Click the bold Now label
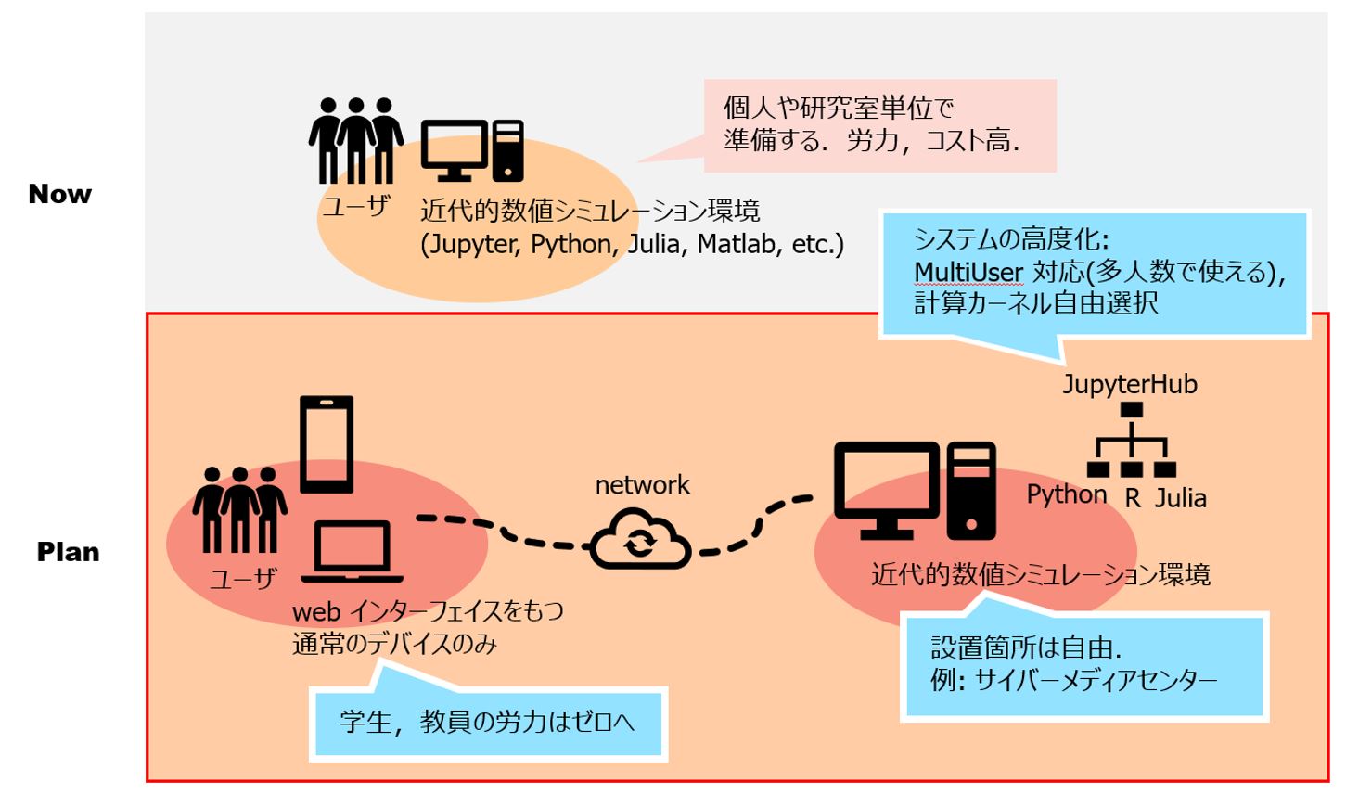60,194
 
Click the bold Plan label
68,552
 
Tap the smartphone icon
327,444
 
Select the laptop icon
351,553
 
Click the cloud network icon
640,542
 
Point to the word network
642,485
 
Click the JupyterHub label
1129,384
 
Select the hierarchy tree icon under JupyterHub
1132,442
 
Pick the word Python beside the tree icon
1066,494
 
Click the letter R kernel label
1133,498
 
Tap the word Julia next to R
1181,498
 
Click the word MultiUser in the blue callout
968,272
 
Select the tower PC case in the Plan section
971,491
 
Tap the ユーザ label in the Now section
355,206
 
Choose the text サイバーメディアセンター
1096,680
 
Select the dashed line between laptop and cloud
501,531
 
